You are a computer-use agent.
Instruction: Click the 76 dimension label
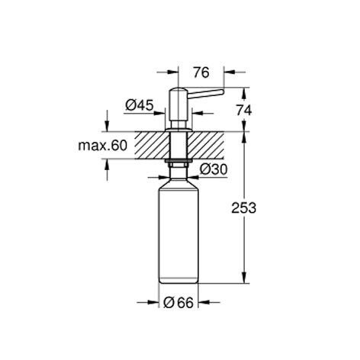201,72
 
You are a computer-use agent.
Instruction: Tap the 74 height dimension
244,111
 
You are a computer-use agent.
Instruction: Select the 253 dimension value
243,208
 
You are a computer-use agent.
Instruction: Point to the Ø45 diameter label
140,105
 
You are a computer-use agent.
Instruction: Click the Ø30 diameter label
214,169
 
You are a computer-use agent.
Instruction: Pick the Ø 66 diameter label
178,303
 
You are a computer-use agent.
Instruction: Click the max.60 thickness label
102,146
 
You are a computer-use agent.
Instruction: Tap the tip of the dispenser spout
223,92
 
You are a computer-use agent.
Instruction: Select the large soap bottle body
178,231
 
